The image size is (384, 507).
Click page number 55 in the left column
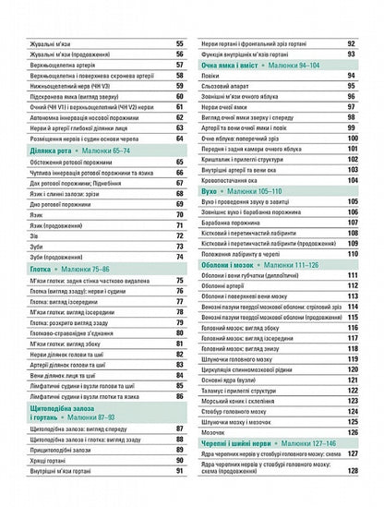[178, 44]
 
